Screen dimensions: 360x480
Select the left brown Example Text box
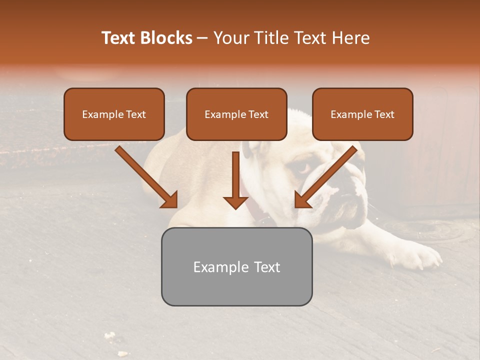click(114, 114)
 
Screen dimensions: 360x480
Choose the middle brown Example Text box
click(236, 114)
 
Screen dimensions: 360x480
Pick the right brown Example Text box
click(362, 114)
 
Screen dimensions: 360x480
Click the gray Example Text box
click(236, 266)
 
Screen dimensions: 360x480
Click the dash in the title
click(202, 38)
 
